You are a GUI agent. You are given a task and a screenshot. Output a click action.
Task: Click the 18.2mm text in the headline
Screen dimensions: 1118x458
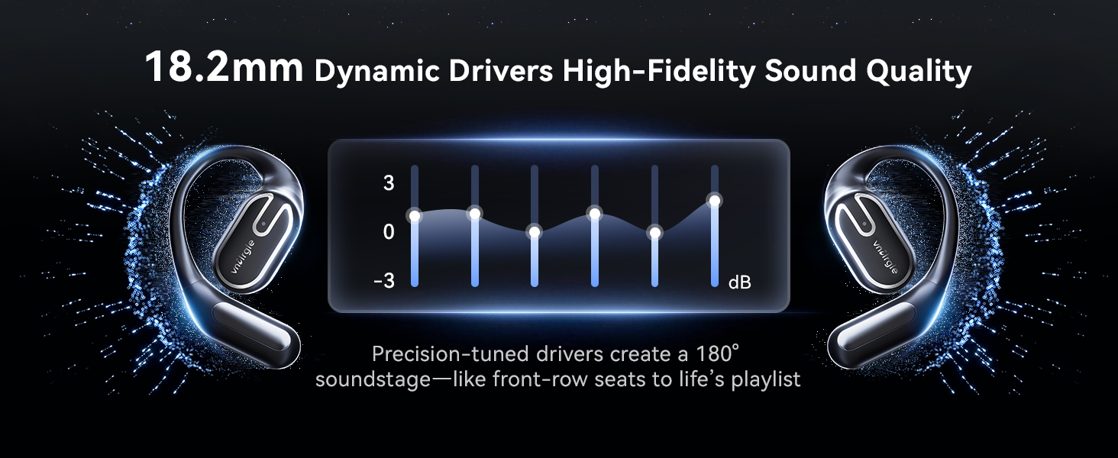[x=224, y=67]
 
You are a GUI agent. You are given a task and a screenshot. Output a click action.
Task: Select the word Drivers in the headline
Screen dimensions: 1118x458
[x=501, y=71]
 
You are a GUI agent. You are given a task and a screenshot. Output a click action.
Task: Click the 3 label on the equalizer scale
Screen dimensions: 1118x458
[x=389, y=183]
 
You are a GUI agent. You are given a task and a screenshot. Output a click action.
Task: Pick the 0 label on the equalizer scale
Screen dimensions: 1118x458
[x=389, y=232]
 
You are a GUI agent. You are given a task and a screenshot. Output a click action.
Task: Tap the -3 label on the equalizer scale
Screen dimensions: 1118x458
[x=384, y=281]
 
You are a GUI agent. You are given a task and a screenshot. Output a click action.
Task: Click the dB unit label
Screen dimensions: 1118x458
[x=740, y=282]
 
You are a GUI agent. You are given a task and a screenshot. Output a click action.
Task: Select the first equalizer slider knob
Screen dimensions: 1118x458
[x=414, y=216]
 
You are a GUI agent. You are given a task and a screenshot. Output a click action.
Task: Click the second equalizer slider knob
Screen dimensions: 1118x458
[x=475, y=214]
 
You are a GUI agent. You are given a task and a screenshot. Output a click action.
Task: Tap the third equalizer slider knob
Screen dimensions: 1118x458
[x=535, y=232]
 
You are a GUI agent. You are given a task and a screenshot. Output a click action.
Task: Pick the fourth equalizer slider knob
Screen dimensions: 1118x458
[x=594, y=214]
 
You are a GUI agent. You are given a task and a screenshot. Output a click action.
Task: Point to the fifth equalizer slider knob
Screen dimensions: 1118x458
[x=654, y=233]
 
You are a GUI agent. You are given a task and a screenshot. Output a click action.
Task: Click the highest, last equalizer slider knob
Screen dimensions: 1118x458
[x=715, y=201]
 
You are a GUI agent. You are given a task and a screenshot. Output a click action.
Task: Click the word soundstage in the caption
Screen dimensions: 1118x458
[x=373, y=379]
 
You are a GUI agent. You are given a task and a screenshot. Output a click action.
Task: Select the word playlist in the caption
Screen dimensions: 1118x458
[x=766, y=379]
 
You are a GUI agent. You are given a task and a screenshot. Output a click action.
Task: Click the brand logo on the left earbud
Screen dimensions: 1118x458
[x=243, y=257]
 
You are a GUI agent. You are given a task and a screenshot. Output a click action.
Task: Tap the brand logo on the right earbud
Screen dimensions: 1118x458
[x=885, y=257]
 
